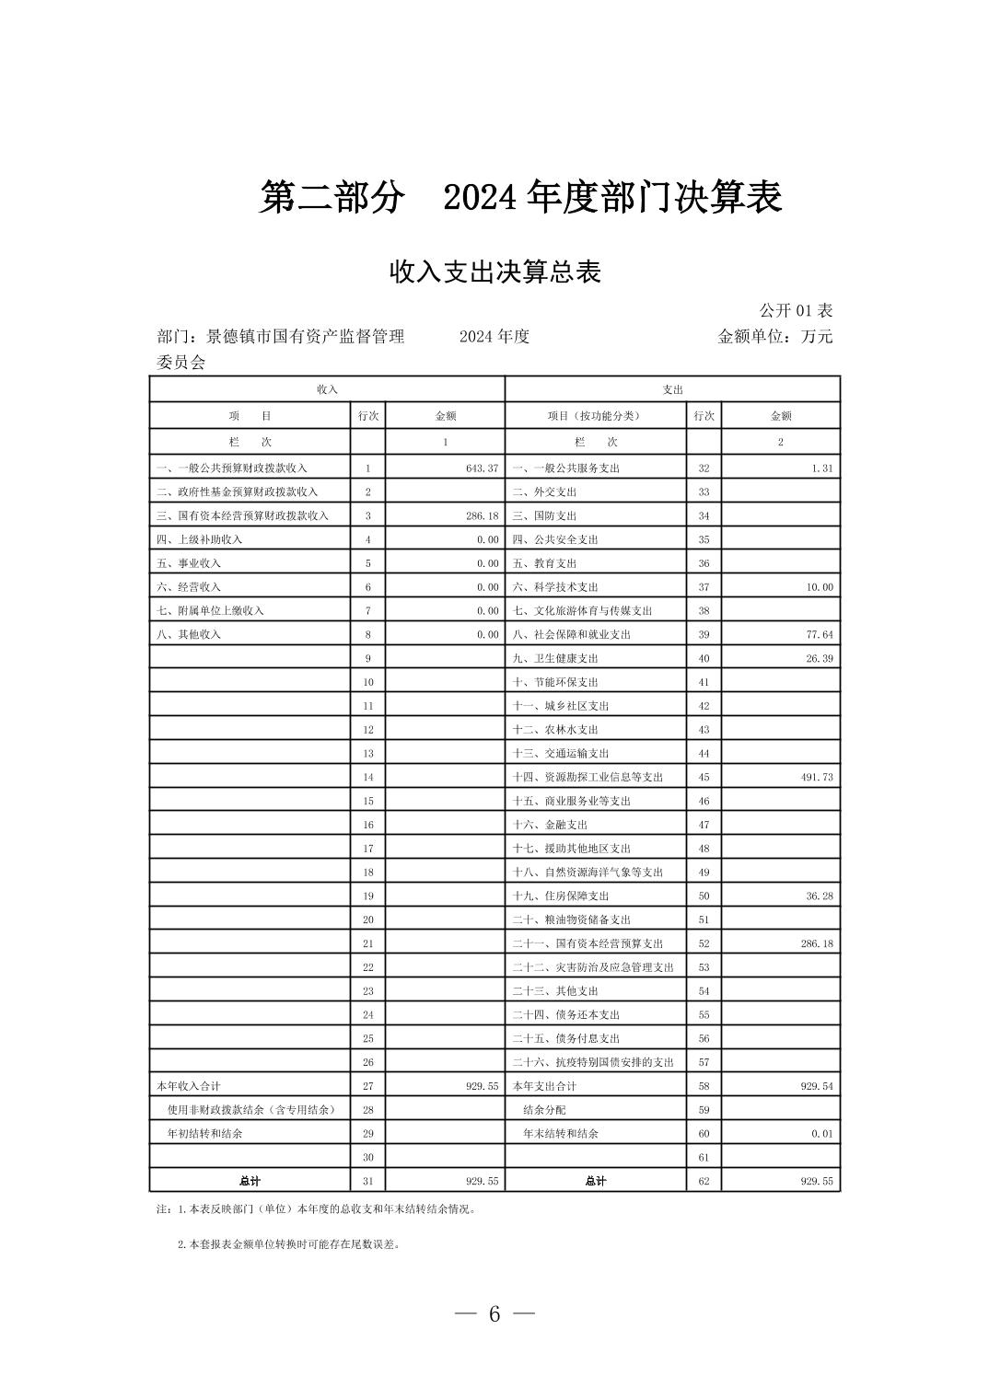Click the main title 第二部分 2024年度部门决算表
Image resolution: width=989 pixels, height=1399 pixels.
point(520,198)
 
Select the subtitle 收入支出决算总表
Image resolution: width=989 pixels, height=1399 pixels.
point(494,272)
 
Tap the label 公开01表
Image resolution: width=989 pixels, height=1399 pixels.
point(796,311)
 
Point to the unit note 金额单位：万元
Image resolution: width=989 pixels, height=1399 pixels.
point(774,337)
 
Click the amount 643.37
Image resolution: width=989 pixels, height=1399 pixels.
point(482,468)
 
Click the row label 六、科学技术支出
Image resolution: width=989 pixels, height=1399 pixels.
point(555,587)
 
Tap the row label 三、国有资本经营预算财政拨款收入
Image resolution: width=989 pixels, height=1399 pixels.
point(242,516)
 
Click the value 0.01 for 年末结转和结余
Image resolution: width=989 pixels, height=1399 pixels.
point(822,1134)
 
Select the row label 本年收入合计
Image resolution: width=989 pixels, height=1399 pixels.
point(189,1087)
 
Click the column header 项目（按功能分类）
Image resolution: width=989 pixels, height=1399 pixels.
point(594,416)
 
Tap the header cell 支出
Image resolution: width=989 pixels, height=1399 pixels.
point(672,390)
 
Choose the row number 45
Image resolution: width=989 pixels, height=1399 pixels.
point(704,778)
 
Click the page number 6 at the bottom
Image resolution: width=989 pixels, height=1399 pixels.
point(494,1314)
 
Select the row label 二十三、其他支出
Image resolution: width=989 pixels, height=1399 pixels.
point(555,991)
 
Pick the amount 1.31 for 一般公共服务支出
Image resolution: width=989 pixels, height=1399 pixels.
point(822,468)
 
